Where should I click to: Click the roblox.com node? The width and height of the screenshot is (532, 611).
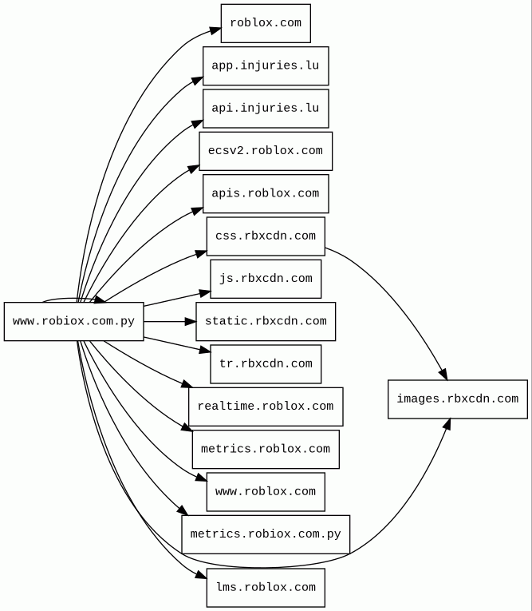pyautogui.click(x=266, y=23)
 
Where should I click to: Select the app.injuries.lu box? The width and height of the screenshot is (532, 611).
pyautogui.click(x=266, y=65)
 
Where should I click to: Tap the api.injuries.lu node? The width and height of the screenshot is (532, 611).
pyautogui.click(x=266, y=108)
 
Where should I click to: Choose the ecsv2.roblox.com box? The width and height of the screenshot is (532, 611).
pyautogui.click(x=266, y=151)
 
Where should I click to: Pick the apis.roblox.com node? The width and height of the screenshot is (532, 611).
pyautogui.click(x=266, y=193)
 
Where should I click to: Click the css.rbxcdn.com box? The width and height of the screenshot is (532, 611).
pyautogui.click(x=266, y=236)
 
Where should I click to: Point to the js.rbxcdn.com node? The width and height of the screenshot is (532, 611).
pyautogui.click(x=266, y=279)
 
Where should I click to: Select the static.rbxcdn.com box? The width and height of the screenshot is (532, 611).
pyautogui.click(x=266, y=321)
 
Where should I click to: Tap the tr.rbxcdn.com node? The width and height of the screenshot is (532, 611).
pyautogui.click(x=266, y=364)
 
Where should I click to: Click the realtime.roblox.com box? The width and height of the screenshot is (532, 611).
pyautogui.click(x=266, y=407)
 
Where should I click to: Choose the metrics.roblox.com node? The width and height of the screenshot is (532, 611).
pyautogui.click(x=266, y=449)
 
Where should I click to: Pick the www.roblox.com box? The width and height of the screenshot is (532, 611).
pyautogui.click(x=266, y=492)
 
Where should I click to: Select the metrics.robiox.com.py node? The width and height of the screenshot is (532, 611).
pyautogui.click(x=266, y=534)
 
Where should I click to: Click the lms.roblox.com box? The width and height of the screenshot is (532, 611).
pyautogui.click(x=266, y=587)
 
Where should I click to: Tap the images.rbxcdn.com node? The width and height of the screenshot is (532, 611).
pyautogui.click(x=457, y=399)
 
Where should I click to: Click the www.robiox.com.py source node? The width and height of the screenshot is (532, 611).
pyautogui.click(x=73, y=322)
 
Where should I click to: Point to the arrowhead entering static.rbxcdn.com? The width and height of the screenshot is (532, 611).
pyautogui.click(x=191, y=322)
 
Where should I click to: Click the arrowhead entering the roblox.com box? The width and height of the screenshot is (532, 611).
pyautogui.click(x=215, y=30)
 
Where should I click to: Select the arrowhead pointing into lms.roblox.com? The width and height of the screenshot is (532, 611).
pyautogui.click(x=201, y=576)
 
